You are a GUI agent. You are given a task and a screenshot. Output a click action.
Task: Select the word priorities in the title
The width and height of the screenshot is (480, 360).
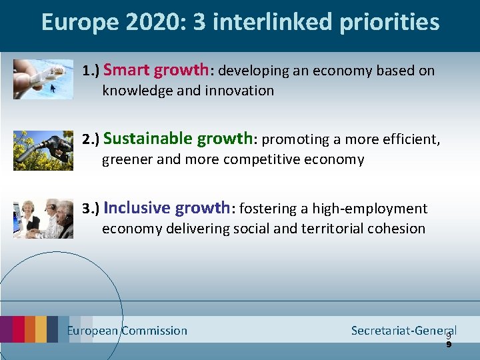tap(389, 22)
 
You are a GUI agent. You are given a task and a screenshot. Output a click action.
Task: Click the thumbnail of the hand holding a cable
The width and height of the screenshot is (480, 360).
tap(43, 79)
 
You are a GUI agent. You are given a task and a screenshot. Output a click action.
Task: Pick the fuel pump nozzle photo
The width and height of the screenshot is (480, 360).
tap(43, 150)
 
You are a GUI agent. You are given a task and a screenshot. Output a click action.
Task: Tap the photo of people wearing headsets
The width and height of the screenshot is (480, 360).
tap(43, 218)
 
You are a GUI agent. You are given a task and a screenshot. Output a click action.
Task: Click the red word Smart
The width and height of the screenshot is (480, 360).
tap(127, 69)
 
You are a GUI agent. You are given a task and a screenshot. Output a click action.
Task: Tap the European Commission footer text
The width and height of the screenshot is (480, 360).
tap(127, 331)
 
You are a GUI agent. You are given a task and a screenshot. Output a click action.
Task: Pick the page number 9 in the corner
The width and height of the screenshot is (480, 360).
tap(449, 341)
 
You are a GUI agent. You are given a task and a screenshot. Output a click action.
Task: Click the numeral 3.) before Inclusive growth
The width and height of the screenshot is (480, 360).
tap(91, 209)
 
